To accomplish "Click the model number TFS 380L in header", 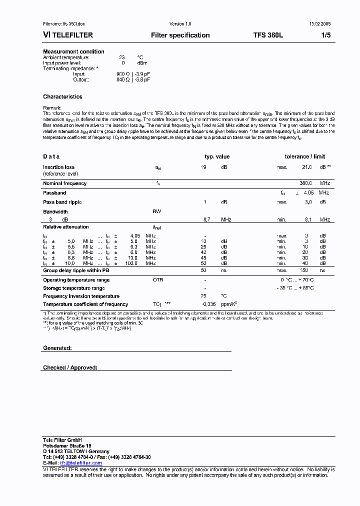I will coord(268,35).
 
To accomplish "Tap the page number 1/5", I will coord(325,35).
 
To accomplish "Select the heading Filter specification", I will coord(180,35).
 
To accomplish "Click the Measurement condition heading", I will coord(73,51).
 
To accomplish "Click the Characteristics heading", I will coord(62,96).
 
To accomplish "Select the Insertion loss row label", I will coord(58,167).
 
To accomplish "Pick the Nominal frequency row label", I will coord(64,183).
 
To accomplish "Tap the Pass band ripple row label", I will coord(62,202).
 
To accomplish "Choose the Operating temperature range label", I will coord(76,280).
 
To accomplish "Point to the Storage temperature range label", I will coord(73,288).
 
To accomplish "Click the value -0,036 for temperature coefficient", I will coord(208,304).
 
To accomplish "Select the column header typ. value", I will coord(217,156).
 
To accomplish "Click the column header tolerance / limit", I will coord(304,156).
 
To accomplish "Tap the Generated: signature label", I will coord(57,347).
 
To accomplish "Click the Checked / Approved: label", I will coord(70,367).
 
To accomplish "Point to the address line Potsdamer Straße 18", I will coord(67,445).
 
